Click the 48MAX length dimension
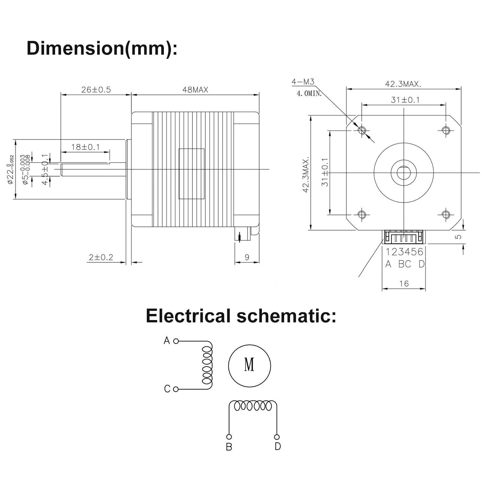point(195,90)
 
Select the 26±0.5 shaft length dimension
point(96,90)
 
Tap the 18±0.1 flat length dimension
point(85,147)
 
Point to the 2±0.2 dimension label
point(101,257)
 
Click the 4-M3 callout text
point(303,82)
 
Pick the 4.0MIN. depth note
point(308,94)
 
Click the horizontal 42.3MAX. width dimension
point(403,84)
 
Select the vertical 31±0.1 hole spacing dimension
point(325,172)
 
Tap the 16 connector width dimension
point(404,283)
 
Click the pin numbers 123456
point(405,252)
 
